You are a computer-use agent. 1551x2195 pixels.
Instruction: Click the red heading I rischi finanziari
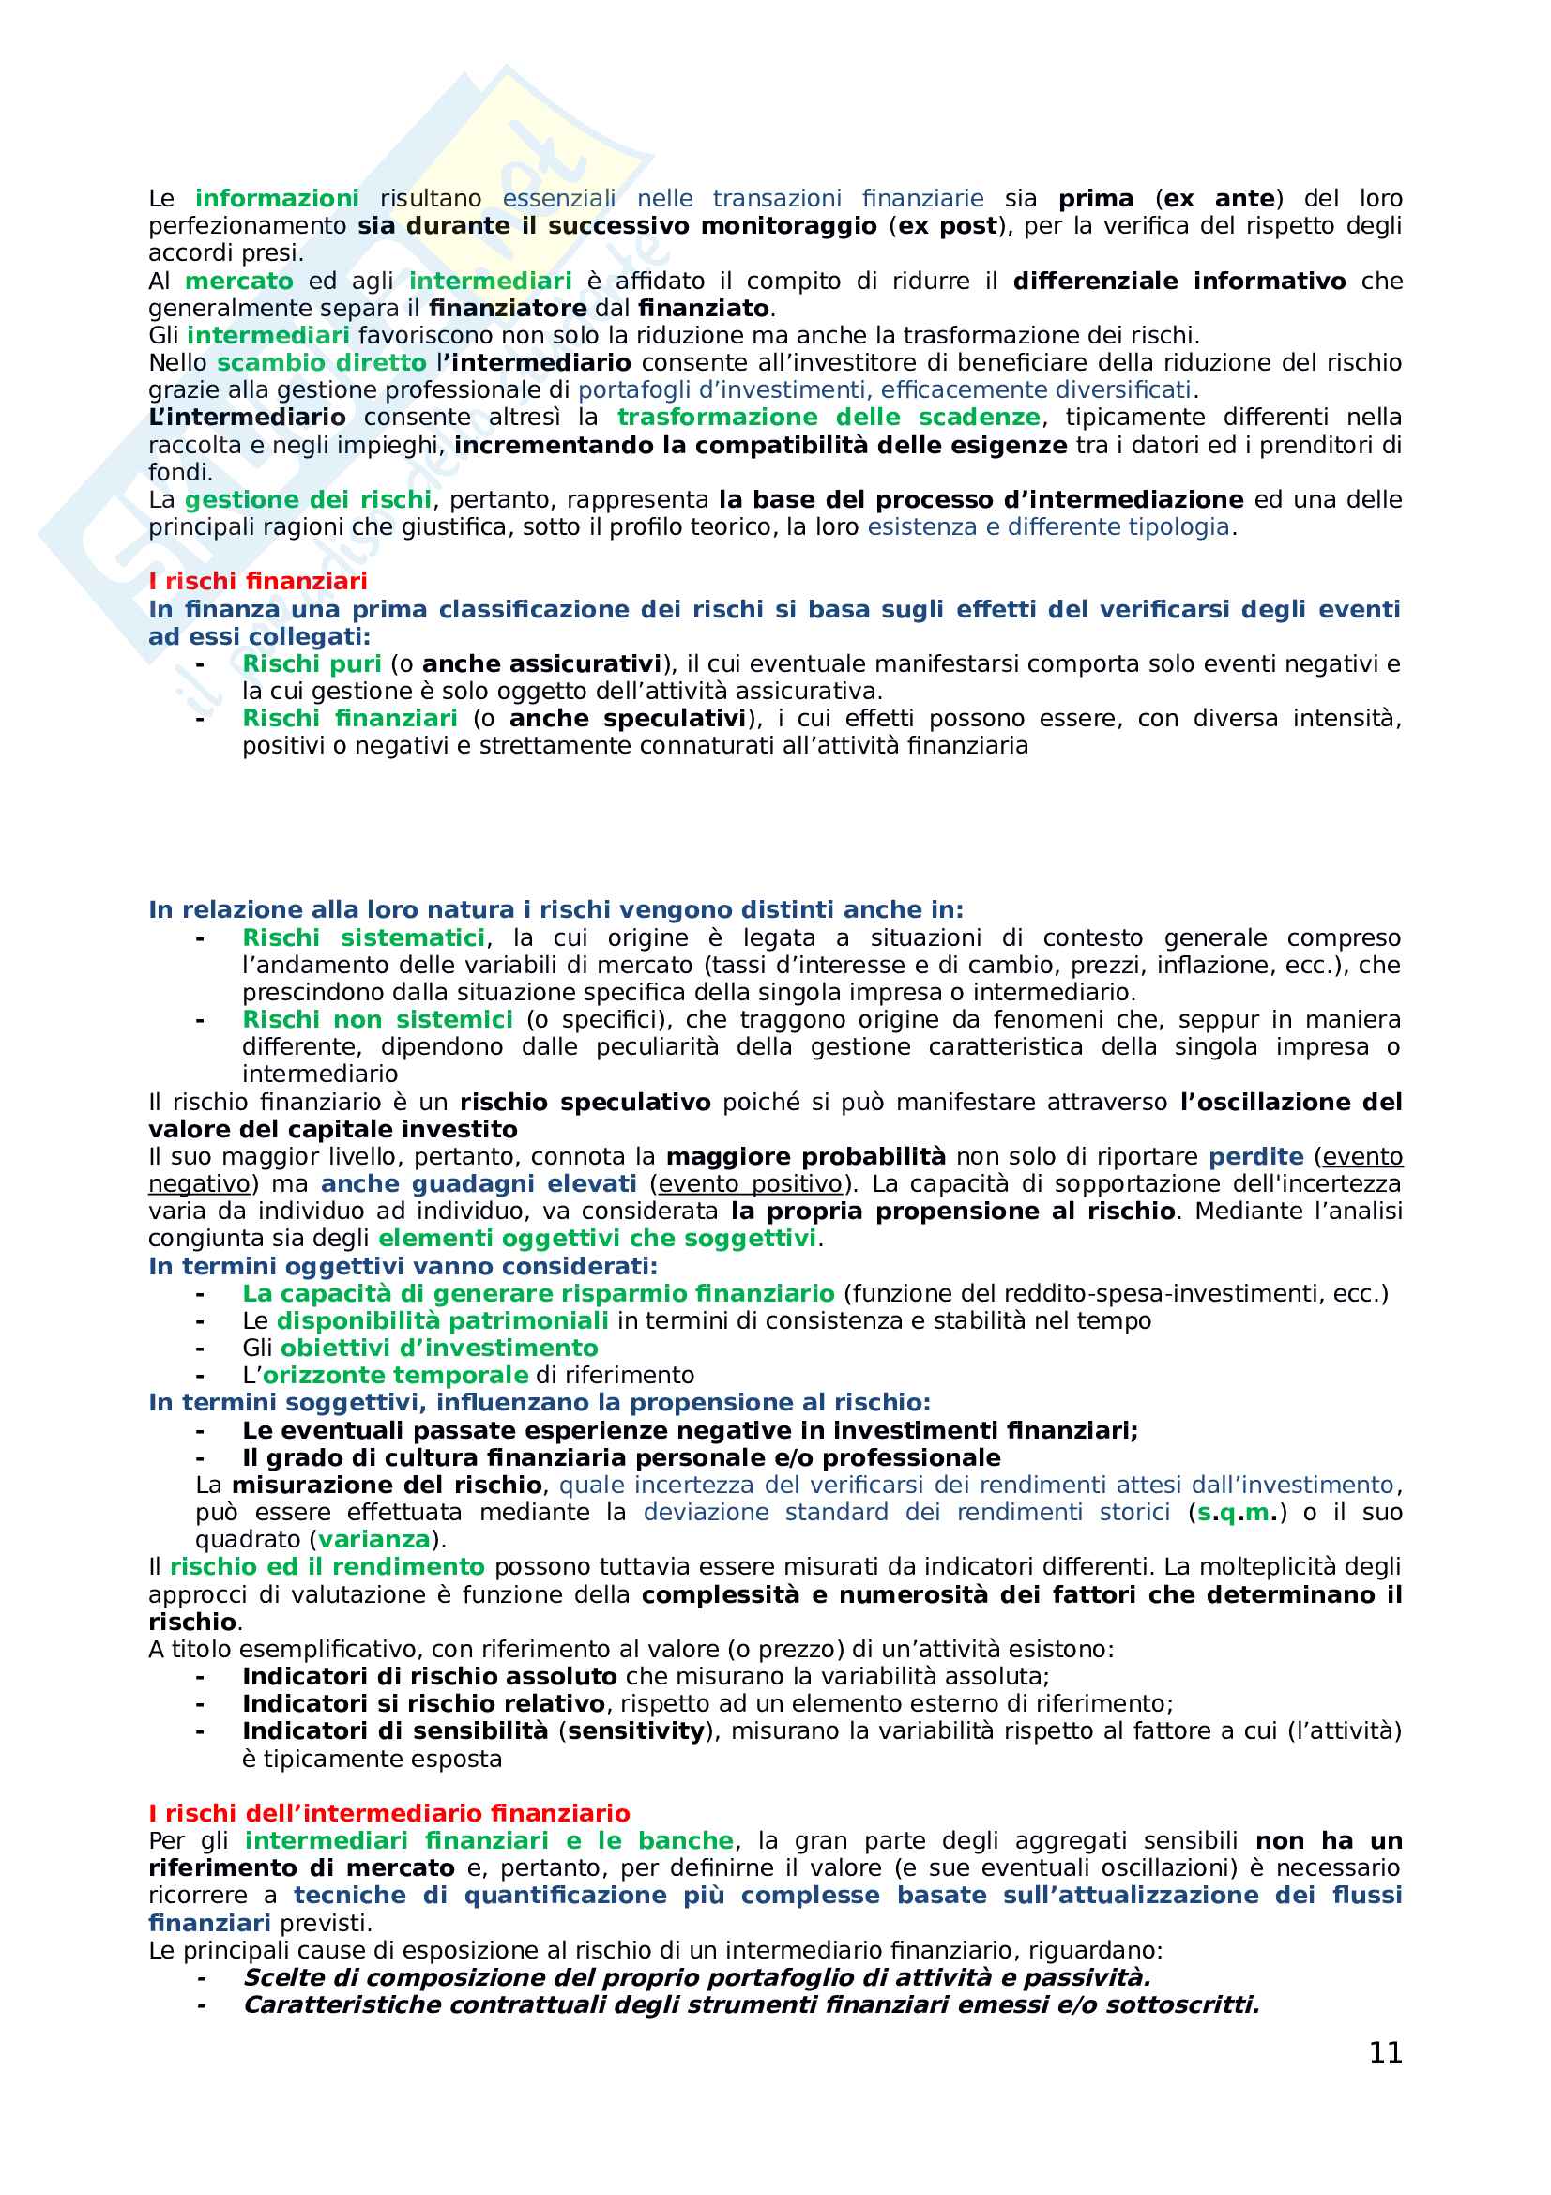[257, 581]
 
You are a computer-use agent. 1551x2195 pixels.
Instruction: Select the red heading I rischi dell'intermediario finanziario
[389, 1814]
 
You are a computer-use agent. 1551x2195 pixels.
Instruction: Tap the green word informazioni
[276, 198]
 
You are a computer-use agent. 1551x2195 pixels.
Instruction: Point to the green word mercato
[239, 282]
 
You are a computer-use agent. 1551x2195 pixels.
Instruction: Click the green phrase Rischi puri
[312, 663]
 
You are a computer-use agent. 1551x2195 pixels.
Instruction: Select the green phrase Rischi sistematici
[363, 937]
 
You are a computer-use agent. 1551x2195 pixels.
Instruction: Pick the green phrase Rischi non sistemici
[376, 1020]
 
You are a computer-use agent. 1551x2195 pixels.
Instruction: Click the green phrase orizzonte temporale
[395, 1376]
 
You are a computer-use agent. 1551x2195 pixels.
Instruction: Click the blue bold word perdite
[1255, 1157]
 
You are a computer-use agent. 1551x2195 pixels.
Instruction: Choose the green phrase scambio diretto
[321, 363]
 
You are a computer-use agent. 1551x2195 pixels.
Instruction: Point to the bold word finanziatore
[507, 309]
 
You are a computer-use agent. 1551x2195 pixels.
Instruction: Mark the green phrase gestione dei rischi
[308, 500]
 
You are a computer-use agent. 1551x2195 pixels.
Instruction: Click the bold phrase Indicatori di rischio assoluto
[429, 1677]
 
